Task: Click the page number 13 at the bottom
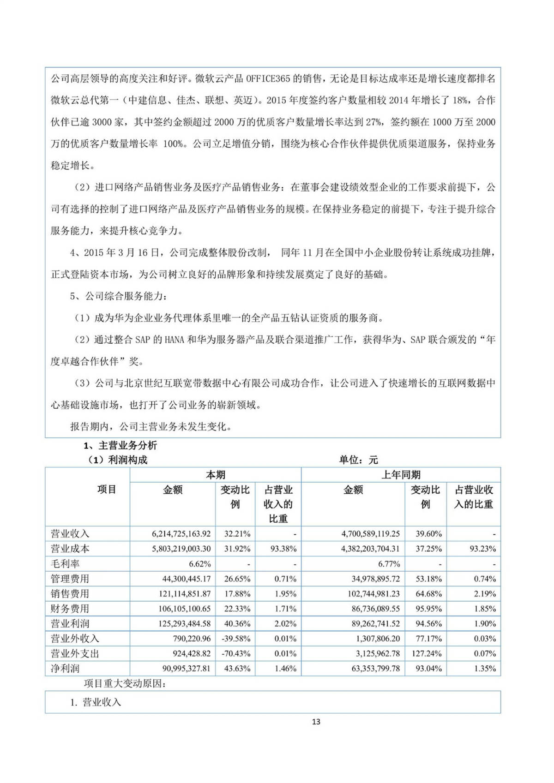(316, 722)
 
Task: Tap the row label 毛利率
(65, 564)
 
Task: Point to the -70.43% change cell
(237, 654)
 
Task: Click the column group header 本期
(215, 475)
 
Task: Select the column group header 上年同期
(400, 475)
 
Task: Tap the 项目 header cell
(107, 490)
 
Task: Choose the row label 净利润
(65, 669)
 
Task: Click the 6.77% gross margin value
(389, 564)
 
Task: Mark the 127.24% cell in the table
(428, 654)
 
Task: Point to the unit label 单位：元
(358, 460)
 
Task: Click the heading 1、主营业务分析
(120, 446)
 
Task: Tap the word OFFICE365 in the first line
(268, 78)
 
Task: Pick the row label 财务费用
(70, 609)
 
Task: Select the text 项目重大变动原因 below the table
(125, 684)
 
